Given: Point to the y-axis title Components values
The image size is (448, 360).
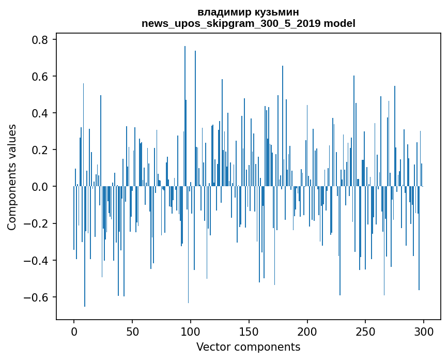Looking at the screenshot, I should (x=12, y=177).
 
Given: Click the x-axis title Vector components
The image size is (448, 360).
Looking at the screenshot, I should (x=248, y=347).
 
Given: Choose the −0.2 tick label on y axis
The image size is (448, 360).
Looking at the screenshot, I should (x=37, y=223).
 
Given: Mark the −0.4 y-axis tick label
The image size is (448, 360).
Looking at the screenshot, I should (x=37, y=260).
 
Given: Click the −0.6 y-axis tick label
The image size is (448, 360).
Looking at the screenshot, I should (x=37, y=297).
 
